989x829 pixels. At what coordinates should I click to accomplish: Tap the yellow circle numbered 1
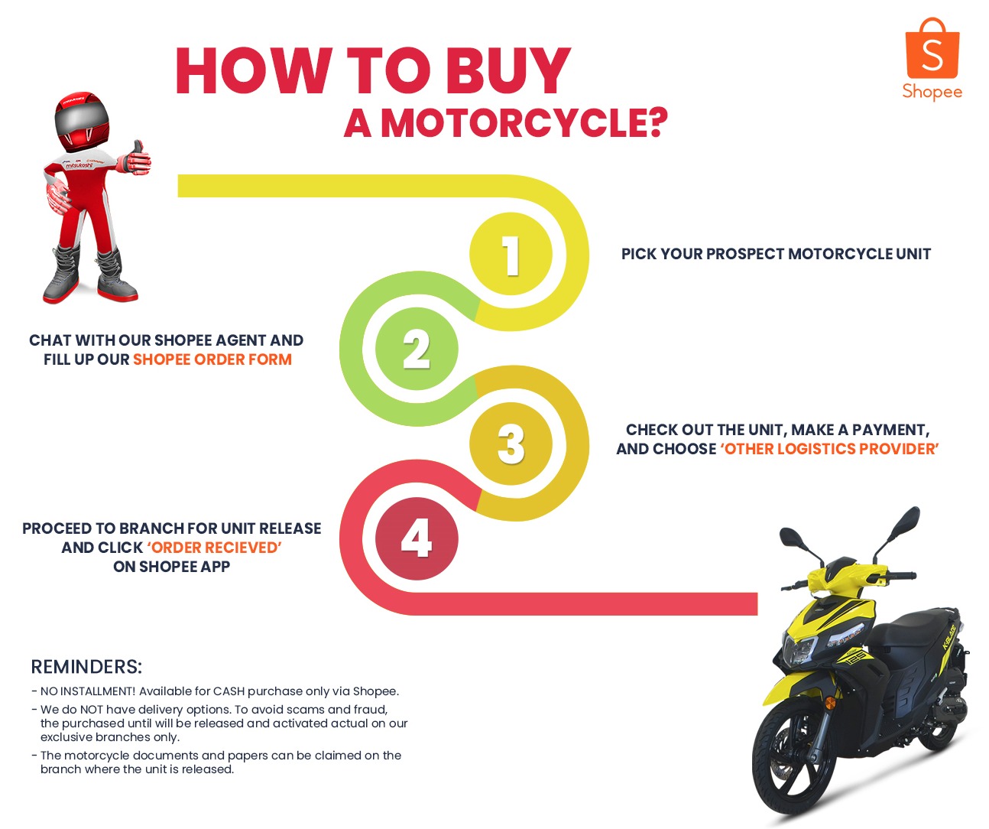[x=511, y=255]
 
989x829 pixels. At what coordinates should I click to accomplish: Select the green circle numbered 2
[x=417, y=349]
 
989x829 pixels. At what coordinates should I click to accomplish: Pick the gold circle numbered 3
[x=511, y=444]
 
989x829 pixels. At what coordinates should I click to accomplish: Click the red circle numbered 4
[x=417, y=538]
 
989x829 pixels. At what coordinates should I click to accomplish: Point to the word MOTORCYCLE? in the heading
[x=524, y=123]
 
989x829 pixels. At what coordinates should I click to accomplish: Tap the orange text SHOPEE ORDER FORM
[x=212, y=359]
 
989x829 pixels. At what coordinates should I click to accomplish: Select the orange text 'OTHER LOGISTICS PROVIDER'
[x=829, y=449]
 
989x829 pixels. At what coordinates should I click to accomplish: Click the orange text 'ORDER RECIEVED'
[x=214, y=548]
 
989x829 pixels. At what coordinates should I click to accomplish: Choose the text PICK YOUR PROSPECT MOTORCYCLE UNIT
[x=776, y=254]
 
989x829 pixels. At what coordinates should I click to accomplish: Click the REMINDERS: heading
[x=86, y=667]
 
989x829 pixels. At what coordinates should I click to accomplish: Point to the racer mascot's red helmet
[x=82, y=121]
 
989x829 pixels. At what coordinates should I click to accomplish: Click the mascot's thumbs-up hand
[x=138, y=158]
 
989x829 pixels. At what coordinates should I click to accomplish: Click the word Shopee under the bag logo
[x=932, y=92]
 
